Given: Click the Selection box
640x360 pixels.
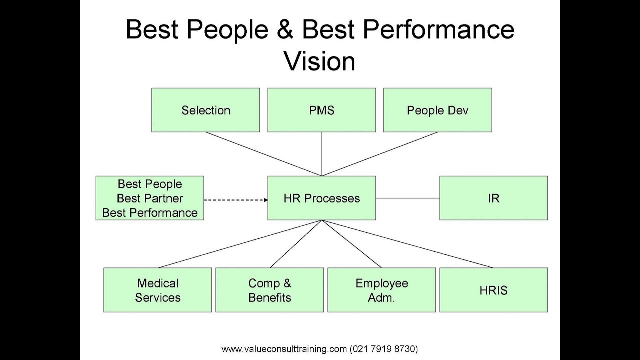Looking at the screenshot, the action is point(205,110).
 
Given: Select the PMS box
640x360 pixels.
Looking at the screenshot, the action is point(321,110).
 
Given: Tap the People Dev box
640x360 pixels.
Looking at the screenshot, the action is point(437,110).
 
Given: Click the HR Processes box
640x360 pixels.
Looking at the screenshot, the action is point(321,198).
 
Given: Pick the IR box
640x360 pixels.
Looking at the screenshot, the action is point(493,198).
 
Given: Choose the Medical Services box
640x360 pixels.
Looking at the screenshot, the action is point(157,290).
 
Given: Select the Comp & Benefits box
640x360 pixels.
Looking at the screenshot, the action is point(269,290).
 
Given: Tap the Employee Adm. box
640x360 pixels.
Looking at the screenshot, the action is point(381,290).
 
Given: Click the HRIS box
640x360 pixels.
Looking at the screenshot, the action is point(493,290).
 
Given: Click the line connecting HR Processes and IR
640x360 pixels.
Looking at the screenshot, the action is point(407,198).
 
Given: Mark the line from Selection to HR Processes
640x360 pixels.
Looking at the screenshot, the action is point(263,154).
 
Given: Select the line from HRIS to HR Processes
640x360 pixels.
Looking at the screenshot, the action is point(407,244).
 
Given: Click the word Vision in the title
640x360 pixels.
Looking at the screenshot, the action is point(319,61).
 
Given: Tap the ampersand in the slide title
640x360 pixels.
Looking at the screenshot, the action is point(285,30).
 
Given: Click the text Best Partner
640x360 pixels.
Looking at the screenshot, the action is point(150,198).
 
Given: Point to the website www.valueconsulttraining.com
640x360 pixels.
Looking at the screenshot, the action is point(284,349).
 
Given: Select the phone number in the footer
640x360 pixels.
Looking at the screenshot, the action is point(384,349).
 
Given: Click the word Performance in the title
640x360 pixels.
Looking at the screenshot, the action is point(438,30).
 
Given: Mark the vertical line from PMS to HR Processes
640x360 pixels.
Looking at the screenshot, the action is point(322,154).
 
